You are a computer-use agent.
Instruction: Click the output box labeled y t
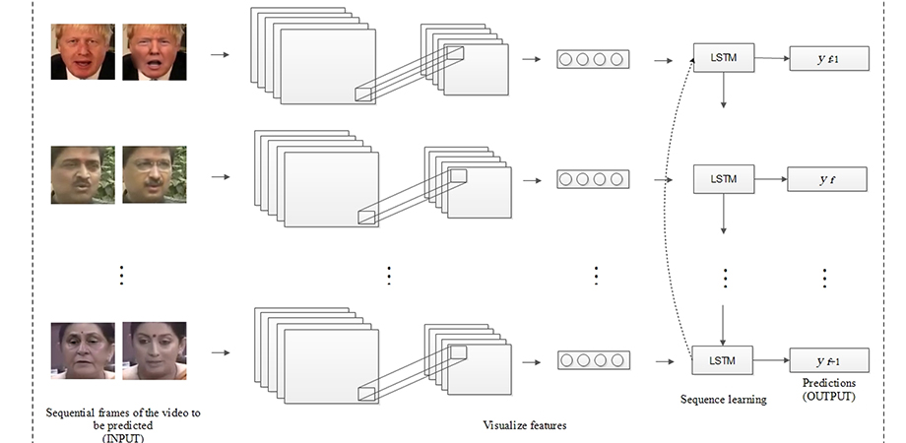tap(827, 179)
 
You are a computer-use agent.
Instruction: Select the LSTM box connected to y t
tap(724, 179)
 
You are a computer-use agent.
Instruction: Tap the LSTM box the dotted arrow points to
tap(724, 58)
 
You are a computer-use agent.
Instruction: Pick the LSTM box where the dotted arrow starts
tap(722, 360)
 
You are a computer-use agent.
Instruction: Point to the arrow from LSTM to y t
tap(771, 179)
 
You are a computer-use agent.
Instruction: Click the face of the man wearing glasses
tap(155, 174)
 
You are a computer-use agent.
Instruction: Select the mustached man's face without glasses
tap(83, 174)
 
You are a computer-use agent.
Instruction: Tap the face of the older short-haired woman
tap(83, 350)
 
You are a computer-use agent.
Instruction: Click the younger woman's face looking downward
tap(155, 350)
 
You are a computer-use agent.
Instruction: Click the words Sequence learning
tap(724, 399)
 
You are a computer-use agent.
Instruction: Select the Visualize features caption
tap(525, 425)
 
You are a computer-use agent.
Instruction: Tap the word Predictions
tap(828, 383)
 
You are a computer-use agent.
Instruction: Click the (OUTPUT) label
tap(828, 396)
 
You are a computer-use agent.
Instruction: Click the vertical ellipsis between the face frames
tap(121, 275)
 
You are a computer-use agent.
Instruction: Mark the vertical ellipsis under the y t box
tap(824, 278)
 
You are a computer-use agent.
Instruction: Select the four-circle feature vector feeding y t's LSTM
tap(593, 179)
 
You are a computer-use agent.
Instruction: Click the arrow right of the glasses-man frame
tap(221, 177)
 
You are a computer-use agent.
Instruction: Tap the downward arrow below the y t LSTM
tap(724, 214)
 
